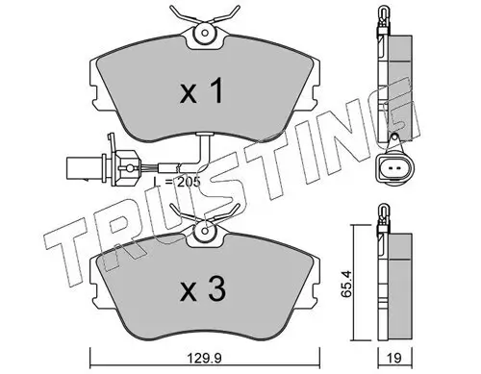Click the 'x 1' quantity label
(x=202, y=91)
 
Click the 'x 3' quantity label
(x=203, y=289)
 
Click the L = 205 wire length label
(x=177, y=182)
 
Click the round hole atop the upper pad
(x=205, y=33)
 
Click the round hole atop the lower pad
(x=205, y=230)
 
